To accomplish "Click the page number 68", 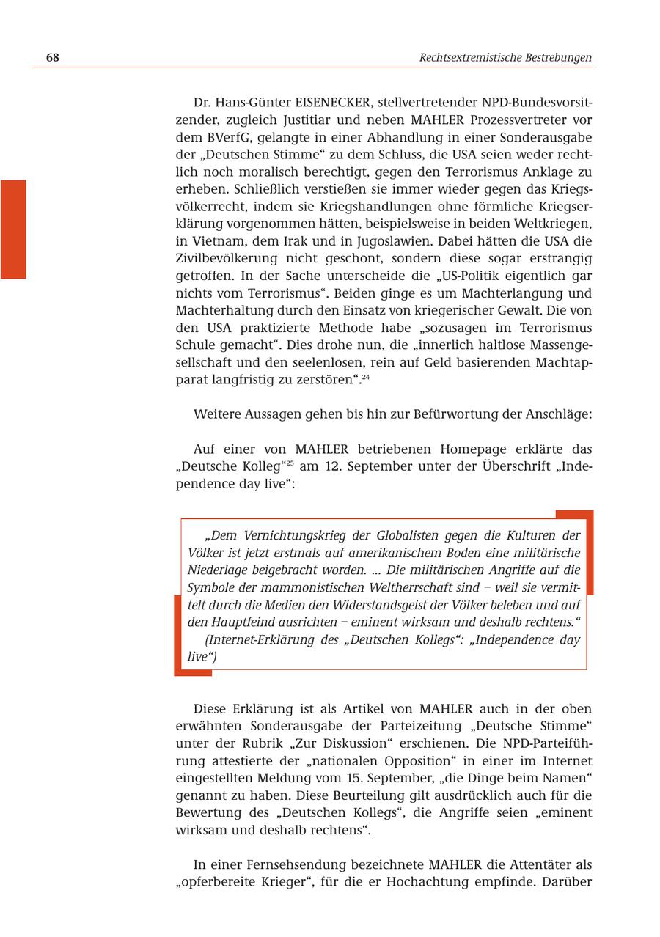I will tap(52, 57).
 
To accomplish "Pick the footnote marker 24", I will tap(365, 378).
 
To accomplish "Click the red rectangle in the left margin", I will tap(13, 229).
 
